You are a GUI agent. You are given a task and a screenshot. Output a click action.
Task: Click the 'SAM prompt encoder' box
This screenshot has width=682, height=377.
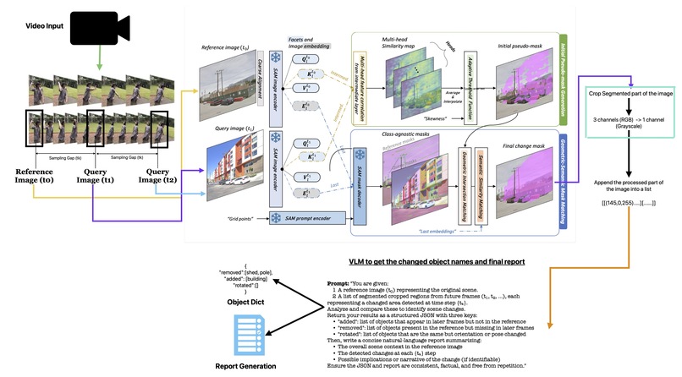[299, 218]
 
